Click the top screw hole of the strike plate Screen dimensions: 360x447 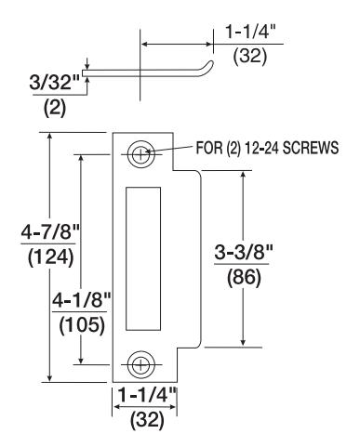click(x=140, y=154)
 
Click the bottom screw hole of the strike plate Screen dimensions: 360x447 click(x=140, y=364)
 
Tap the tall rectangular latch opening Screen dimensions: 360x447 click(x=143, y=258)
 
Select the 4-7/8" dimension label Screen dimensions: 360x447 click(x=50, y=232)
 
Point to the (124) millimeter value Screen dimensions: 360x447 click(x=50, y=257)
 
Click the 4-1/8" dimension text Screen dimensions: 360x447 click(x=81, y=300)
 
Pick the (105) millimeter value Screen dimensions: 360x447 click(x=82, y=326)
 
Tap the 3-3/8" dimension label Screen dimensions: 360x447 click(x=244, y=253)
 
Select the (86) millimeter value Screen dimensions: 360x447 click(x=244, y=278)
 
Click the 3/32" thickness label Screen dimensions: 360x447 click(x=55, y=83)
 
